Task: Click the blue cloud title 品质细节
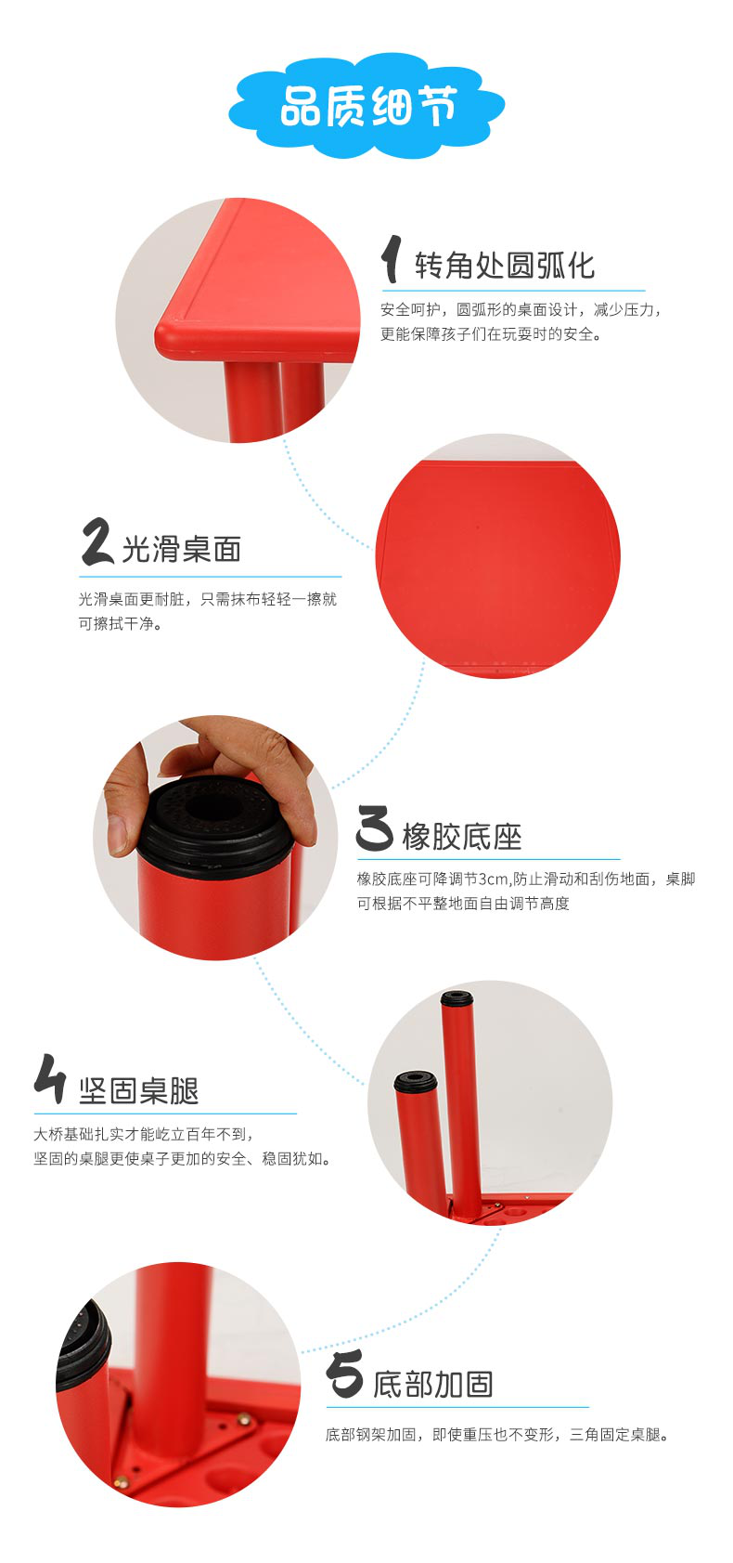[366, 108]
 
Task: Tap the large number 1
[392, 259]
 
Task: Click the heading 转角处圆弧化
[504, 266]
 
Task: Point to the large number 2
[96, 541]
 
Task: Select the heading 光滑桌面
[182, 549]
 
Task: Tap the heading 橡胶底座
[462, 837]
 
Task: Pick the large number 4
[49, 1079]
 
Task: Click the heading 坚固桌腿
[139, 1090]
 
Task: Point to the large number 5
[344, 1374]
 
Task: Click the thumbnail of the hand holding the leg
[215, 838]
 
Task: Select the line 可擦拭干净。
[120, 624]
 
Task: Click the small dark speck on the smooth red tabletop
[477, 527]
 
